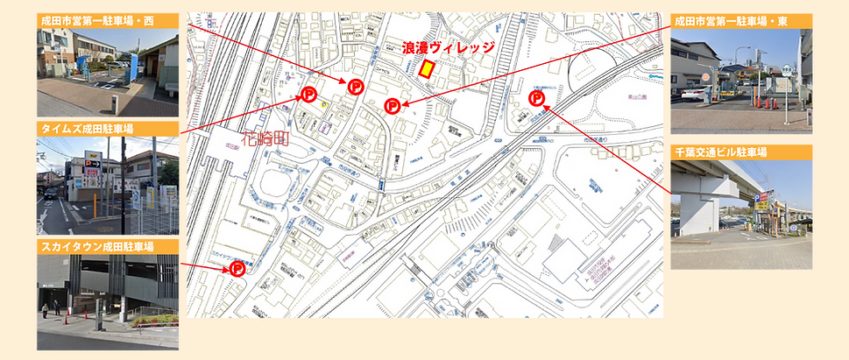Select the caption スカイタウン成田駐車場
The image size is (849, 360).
[x=96, y=248]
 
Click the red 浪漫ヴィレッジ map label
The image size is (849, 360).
[x=448, y=48]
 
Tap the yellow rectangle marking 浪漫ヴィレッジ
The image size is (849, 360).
[x=427, y=68]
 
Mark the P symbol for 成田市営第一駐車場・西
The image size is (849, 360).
[x=356, y=85]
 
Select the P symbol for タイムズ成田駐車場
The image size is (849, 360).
[x=308, y=95]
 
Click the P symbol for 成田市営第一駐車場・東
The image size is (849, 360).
[x=393, y=106]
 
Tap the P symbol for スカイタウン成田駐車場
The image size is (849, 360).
[x=237, y=269]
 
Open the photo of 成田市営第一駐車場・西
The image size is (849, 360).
[x=107, y=71]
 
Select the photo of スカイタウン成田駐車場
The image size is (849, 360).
[x=107, y=302]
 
